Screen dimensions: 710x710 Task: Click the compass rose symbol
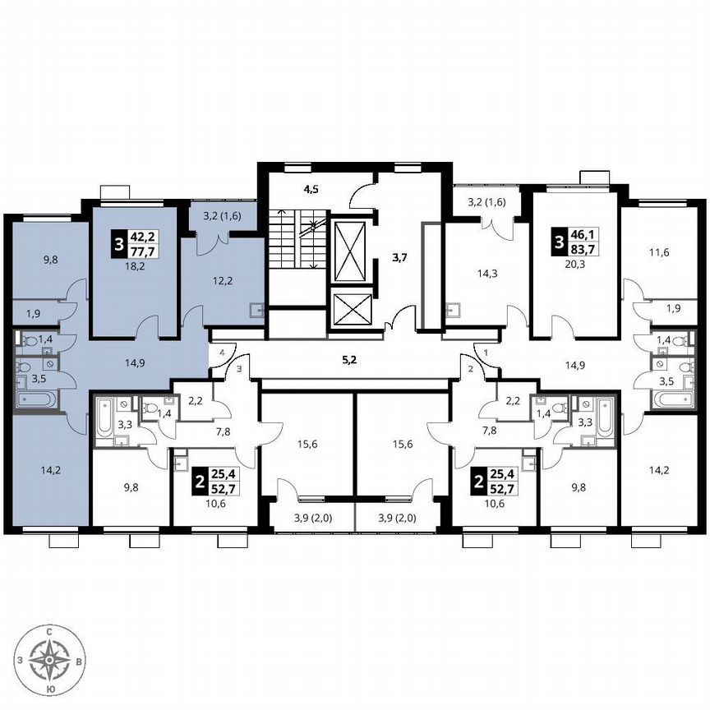tap(51, 657)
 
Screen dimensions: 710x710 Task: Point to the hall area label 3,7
tap(399, 257)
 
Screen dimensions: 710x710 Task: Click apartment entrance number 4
tap(221, 353)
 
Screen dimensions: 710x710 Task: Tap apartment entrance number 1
tap(486, 353)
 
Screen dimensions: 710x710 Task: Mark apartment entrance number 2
tap(470, 370)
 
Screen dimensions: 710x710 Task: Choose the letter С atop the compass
tap(51, 630)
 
